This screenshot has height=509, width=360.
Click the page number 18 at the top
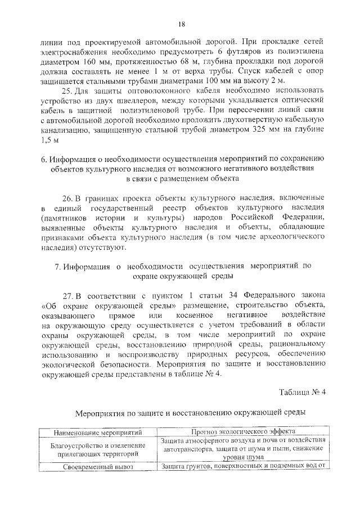[181, 23]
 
